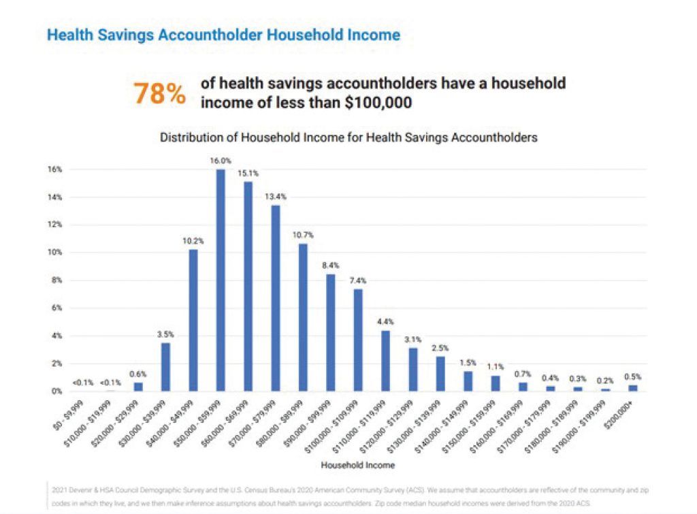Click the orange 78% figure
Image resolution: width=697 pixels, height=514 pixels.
(x=159, y=93)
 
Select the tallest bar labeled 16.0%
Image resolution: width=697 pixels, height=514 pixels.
(x=221, y=280)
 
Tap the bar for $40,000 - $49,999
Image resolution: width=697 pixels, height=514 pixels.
(x=193, y=320)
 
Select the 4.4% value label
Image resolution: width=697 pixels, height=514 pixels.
(x=385, y=321)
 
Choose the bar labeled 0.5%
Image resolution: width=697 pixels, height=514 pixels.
(x=633, y=388)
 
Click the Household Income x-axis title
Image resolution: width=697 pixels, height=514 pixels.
(x=348, y=466)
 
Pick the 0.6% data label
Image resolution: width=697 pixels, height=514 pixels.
(x=138, y=374)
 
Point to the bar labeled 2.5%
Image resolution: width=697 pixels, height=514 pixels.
(x=440, y=374)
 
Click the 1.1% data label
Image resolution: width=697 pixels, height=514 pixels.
(x=496, y=367)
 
